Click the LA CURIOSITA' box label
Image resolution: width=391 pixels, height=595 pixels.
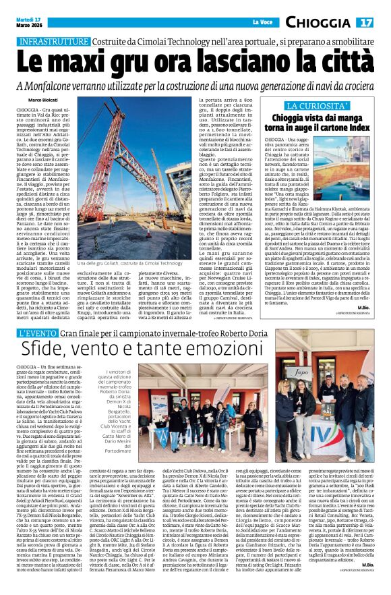pos(318,107)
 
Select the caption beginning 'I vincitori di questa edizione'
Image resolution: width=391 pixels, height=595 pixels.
pos(117,409)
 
